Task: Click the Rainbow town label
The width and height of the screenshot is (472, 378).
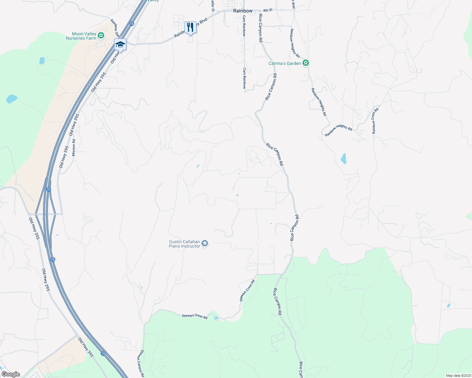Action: click(x=243, y=11)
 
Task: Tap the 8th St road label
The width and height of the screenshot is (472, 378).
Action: click(x=268, y=10)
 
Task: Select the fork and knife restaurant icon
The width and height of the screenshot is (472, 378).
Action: click(x=190, y=27)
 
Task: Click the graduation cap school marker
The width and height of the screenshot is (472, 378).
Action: click(x=120, y=44)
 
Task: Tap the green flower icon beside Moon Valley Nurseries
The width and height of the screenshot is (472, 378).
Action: click(x=101, y=35)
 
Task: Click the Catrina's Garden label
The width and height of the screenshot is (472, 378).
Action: click(x=285, y=63)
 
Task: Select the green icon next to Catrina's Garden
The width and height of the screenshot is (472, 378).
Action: click(x=305, y=63)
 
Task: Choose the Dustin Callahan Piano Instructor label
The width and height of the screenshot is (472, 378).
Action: click(x=185, y=244)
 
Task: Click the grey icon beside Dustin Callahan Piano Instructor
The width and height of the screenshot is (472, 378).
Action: click(x=205, y=243)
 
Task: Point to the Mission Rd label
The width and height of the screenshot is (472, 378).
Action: click(x=74, y=148)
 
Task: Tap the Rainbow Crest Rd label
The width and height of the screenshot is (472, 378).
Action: click(x=375, y=121)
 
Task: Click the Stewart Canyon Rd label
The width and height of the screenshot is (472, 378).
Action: click(x=140, y=363)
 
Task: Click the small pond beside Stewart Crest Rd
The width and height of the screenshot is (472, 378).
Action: click(x=216, y=318)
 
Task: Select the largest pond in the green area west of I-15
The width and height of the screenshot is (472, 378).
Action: click(x=12, y=99)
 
